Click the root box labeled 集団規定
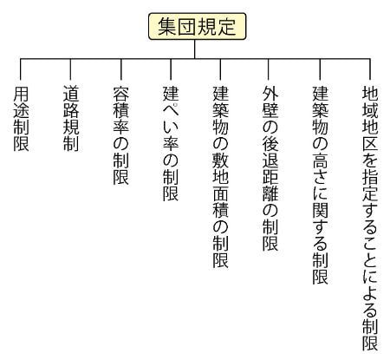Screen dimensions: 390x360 pos(198,26)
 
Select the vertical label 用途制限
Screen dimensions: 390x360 pos(21,118)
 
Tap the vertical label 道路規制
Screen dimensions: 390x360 pos(71,118)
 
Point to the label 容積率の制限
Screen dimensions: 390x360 pos(120,134)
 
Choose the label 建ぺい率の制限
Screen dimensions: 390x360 pos(171,143)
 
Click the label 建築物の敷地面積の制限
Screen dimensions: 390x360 pos(221,177)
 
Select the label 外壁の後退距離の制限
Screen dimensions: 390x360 pos(270,168)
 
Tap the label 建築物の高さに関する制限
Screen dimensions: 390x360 pos(321,185)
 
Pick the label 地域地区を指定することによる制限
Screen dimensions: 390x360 pos(370,219)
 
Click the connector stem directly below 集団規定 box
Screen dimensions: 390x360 pos(195,49)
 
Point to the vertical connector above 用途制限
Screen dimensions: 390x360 pos(21,69)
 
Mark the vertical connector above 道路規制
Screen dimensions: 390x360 pos(70,69)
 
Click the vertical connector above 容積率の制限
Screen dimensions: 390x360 pos(120,69)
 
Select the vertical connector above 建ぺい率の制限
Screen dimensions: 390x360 pos(171,69)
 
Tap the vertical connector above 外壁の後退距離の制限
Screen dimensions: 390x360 pos(269,69)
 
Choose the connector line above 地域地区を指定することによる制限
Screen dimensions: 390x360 pos(370,69)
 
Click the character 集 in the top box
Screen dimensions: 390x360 pos(167,26)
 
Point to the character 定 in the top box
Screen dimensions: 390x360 pos(227,26)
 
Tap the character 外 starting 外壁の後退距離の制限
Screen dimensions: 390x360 pos(270,93)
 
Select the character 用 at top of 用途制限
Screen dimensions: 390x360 pos(21,93)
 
